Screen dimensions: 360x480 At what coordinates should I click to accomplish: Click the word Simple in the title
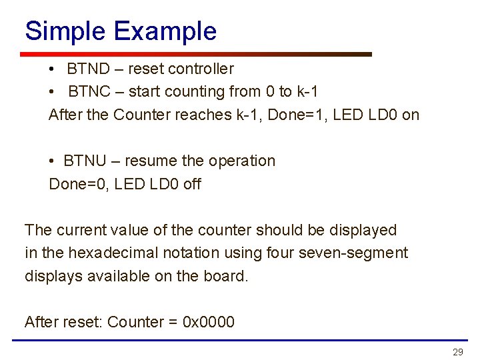[65, 32]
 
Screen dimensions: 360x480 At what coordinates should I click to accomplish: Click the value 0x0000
[209, 323]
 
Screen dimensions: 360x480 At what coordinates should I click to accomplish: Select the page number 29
[457, 352]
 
